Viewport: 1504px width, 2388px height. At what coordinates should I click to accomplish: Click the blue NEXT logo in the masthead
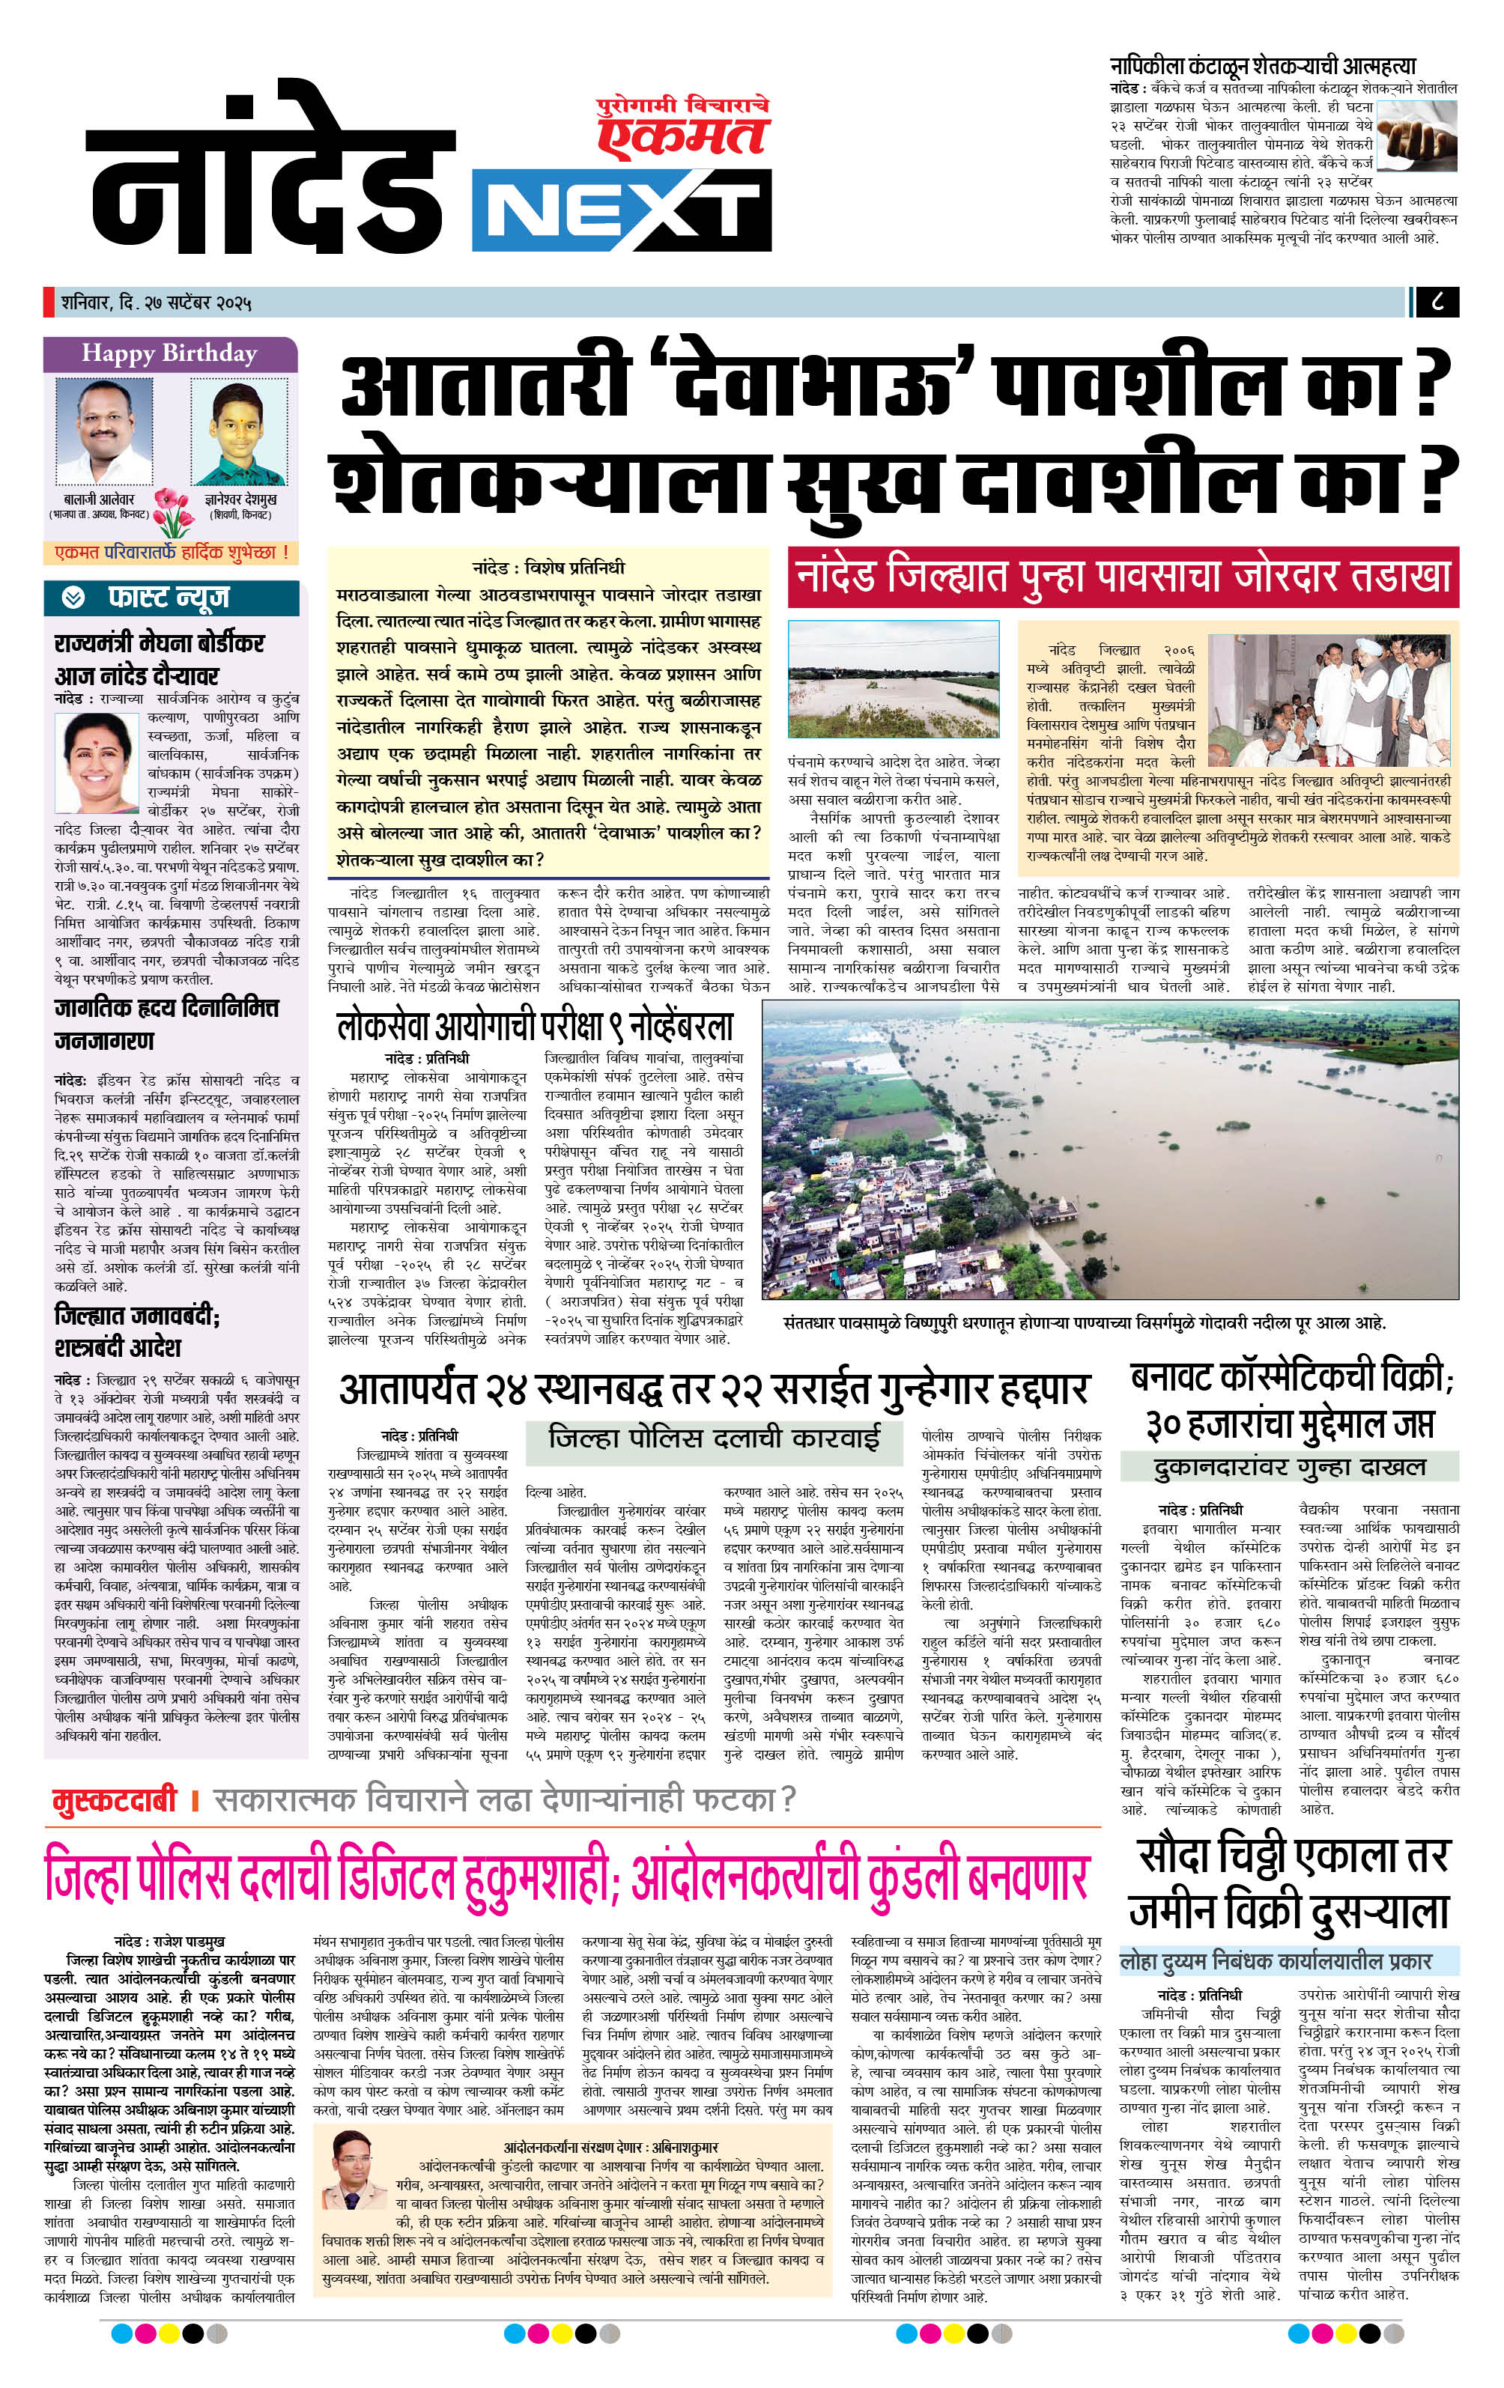tap(621, 210)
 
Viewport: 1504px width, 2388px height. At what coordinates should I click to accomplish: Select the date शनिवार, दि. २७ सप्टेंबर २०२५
tap(156, 303)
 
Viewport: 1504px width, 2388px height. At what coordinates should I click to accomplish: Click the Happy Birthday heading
tap(169, 353)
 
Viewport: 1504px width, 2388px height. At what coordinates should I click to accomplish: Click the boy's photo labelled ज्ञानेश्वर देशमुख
tap(238, 432)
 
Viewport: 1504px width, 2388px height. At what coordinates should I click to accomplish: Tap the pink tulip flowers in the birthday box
tap(172, 510)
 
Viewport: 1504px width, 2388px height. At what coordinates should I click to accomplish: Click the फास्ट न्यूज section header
tap(169, 598)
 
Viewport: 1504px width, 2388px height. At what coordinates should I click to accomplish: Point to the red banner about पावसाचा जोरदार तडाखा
tap(1122, 576)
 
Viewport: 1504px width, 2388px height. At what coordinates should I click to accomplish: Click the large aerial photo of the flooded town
tap(1109, 1149)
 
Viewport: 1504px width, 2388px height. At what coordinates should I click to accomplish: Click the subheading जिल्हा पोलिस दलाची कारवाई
tap(713, 1437)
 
